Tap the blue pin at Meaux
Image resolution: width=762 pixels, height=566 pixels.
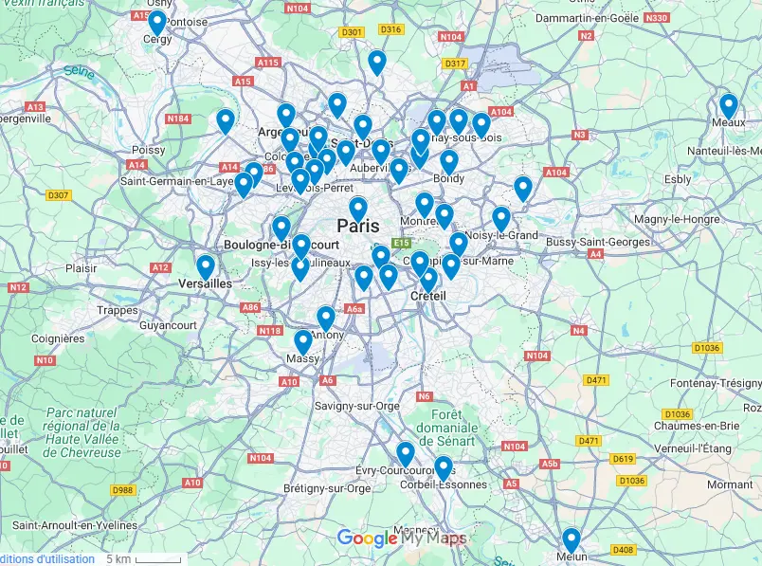(728, 105)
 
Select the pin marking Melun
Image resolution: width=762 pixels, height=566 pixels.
(571, 539)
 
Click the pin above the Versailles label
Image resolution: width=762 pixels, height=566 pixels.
(206, 266)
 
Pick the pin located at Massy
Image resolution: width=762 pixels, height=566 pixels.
(302, 341)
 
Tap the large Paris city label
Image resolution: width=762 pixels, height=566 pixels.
(357, 227)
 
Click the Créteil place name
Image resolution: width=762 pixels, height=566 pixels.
(427, 296)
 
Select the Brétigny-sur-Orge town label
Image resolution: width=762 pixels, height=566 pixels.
(327, 489)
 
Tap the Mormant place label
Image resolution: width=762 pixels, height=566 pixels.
(729, 484)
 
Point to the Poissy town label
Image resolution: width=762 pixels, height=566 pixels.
(148, 150)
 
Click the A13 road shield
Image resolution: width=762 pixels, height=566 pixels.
(36, 107)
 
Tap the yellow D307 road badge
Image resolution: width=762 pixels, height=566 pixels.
(58, 195)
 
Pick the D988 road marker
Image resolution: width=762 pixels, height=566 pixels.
(122, 490)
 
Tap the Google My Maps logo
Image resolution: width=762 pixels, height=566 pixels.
(402, 539)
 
